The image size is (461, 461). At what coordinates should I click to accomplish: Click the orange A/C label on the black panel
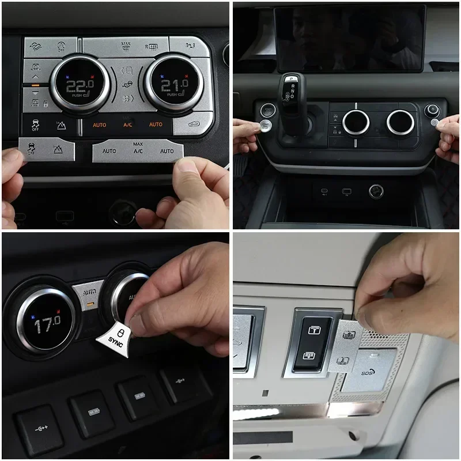click(128, 124)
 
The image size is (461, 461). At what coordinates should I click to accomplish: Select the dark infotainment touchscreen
click(349, 37)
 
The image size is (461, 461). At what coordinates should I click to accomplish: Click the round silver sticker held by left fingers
click(266, 126)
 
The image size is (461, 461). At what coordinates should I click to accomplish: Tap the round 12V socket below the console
click(376, 191)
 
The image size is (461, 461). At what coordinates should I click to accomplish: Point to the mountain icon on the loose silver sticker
click(58, 150)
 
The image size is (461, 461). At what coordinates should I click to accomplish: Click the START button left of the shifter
click(269, 109)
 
